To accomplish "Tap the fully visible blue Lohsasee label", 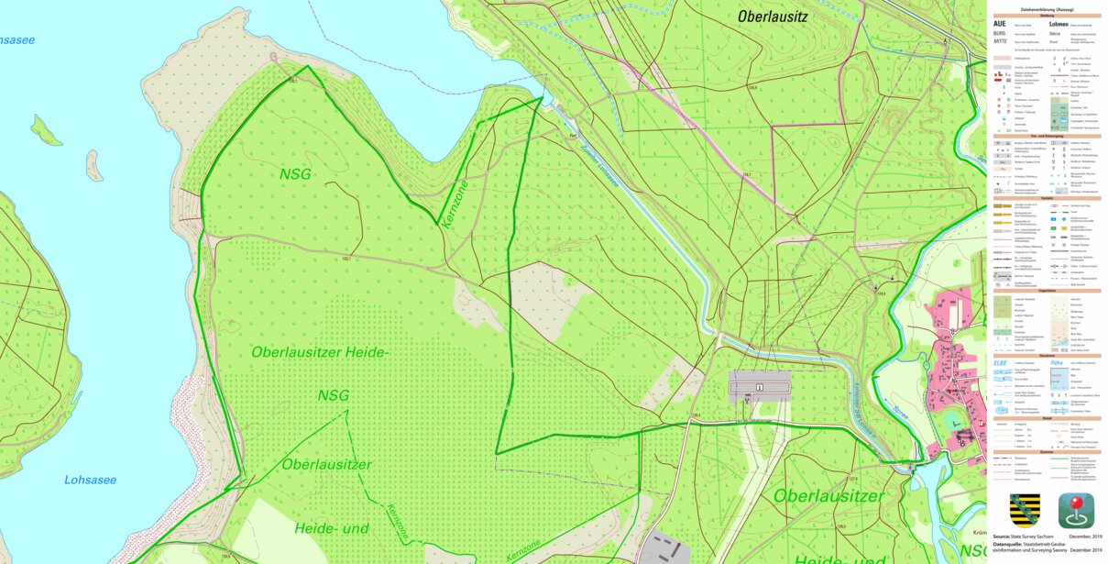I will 90,480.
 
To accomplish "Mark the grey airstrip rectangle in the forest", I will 760,389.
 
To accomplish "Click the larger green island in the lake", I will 46,131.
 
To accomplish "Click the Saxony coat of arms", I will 1025,509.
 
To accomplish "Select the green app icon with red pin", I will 1076,510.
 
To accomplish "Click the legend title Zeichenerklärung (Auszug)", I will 1046,9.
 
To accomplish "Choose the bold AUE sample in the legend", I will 1000,24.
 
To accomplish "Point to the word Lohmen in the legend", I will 1059,24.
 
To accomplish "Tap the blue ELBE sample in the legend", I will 1000,362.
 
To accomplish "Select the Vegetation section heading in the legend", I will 1046,290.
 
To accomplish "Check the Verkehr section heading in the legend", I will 1046,197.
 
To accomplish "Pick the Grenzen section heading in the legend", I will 1046,451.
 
